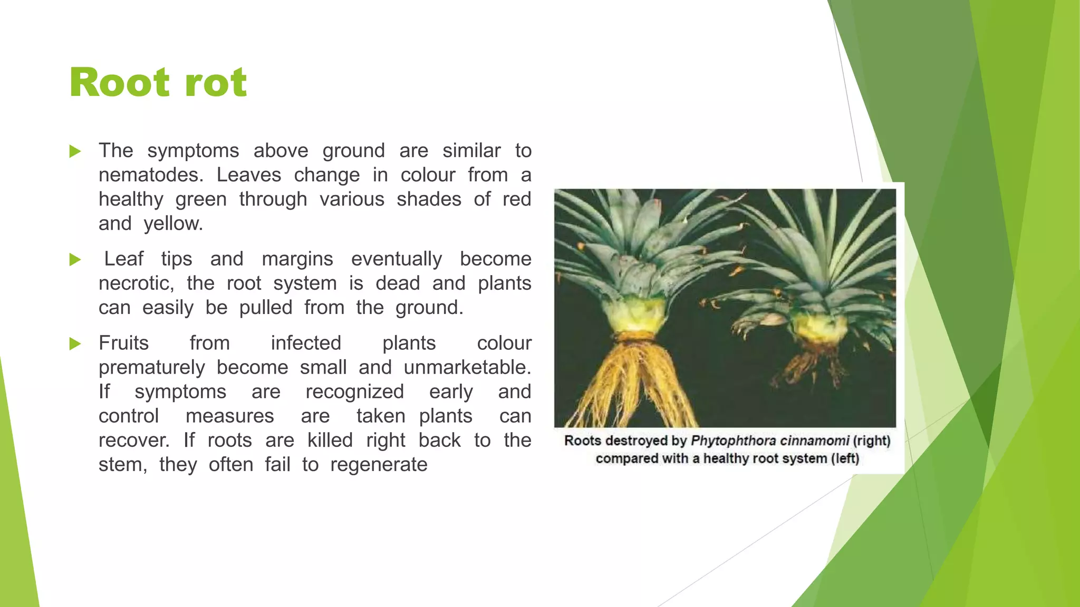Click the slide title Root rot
[x=158, y=83]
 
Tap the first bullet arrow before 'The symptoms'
[x=75, y=152]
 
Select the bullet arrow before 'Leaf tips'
[x=75, y=260]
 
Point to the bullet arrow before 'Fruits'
[x=75, y=344]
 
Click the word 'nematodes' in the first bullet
[x=150, y=175]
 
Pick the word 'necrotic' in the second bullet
[x=136, y=283]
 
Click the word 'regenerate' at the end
[x=379, y=465]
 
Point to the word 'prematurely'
[x=151, y=367]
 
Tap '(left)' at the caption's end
[x=845, y=458]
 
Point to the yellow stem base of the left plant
[x=637, y=316]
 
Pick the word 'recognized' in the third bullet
[x=354, y=392]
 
